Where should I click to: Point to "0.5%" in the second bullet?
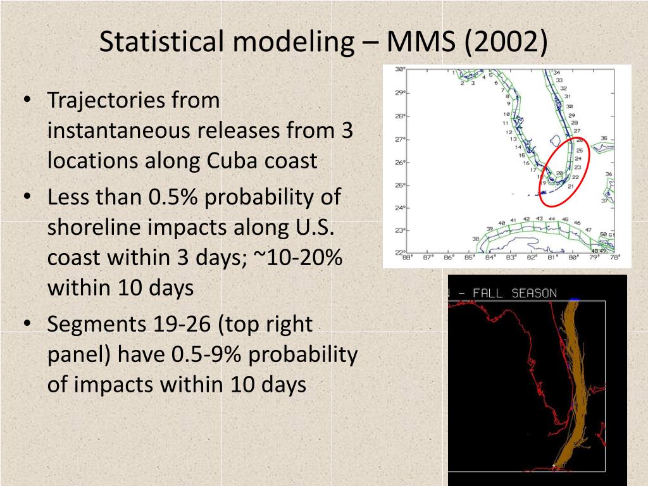pyautogui.click(x=173, y=197)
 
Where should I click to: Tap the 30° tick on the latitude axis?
pyautogui.click(x=400, y=70)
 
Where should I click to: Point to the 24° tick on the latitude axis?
pyautogui.click(x=400, y=208)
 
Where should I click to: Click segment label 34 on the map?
pyautogui.click(x=556, y=73)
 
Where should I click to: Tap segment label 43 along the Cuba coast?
pyautogui.click(x=539, y=219)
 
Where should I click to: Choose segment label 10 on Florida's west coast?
pyautogui.click(x=506, y=115)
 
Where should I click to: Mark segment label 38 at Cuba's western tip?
pyautogui.click(x=476, y=239)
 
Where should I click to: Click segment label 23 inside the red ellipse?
pyautogui.click(x=577, y=167)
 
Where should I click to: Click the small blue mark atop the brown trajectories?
pyautogui.click(x=575, y=299)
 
